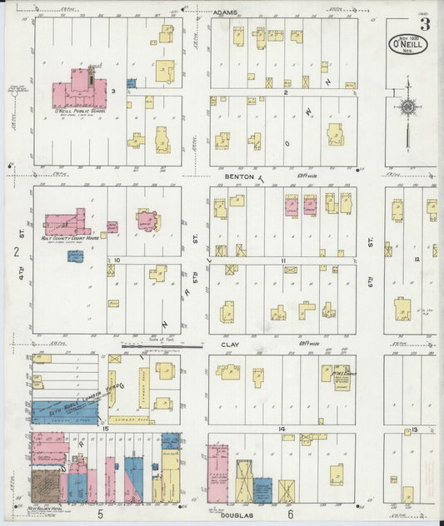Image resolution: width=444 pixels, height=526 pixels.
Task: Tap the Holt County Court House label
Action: [70, 238]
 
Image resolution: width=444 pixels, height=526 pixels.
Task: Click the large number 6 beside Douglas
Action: [291, 514]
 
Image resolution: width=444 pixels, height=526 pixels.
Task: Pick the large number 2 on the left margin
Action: [15, 251]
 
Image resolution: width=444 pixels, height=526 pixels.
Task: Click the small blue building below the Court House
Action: [76, 256]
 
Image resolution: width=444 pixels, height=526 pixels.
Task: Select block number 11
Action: [284, 261]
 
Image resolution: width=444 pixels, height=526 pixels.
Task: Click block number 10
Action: [117, 261]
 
